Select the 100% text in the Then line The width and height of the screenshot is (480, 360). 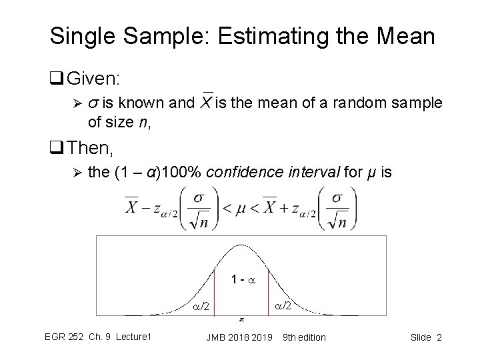pyautogui.click(x=181, y=173)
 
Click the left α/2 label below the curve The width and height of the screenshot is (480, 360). pyautogui.click(x=201, y=307)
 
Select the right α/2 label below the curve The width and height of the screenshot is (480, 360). pyautogui.click(x=283, y=307)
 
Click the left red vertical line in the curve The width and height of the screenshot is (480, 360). pyautogui.click(x=214, y=291)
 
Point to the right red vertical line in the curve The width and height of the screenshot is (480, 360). pyautogui.click(x=268, y=291)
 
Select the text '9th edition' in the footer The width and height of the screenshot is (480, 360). pyautogui.click(x=305, y=337)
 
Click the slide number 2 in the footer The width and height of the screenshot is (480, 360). pyautogui.click(x=439, y=337)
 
